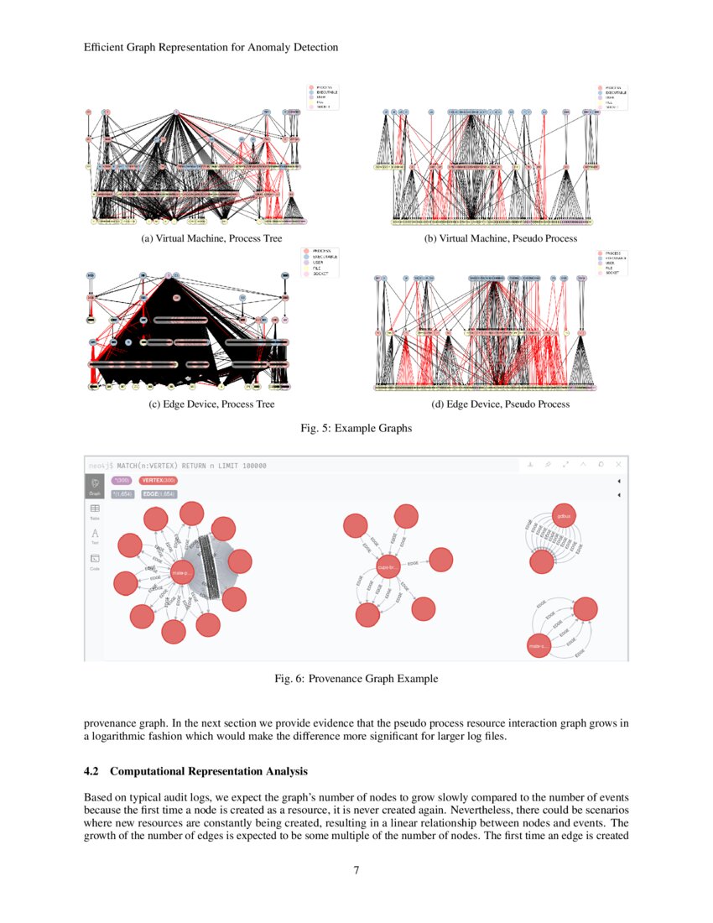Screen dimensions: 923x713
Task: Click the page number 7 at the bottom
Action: (356, 870)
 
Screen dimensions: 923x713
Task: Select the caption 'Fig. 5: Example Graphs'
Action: (356, 428)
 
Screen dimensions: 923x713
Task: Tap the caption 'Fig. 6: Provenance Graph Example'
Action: (356, 678)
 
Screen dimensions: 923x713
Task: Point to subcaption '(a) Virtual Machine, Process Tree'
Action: (211, 238)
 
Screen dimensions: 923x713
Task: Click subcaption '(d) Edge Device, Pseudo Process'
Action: (500, 404)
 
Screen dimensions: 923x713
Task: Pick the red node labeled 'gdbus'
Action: (564, 516)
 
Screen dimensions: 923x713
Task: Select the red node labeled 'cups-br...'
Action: (387, 568)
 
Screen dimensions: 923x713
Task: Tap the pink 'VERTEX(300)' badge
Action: (158, 480)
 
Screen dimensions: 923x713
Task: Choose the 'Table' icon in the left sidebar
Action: (95, 510)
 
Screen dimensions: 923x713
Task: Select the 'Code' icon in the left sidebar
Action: (95, 561)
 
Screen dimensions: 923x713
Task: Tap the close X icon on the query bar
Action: (618, 464)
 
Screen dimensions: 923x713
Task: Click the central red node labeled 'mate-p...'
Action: (182, 573)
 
